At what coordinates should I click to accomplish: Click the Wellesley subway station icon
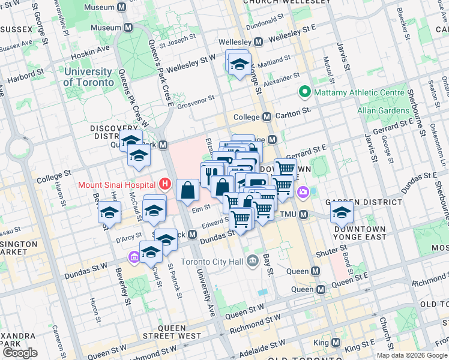(259, 43)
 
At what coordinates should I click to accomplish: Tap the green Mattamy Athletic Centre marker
(304, 92)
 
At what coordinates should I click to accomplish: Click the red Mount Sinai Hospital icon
(164, 184)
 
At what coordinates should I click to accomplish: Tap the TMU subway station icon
(303, 215)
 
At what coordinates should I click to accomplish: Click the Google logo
(20, 353)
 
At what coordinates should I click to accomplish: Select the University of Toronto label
(88, 77)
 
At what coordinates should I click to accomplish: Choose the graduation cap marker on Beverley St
(110, 212)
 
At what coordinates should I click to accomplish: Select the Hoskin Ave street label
(90, 51)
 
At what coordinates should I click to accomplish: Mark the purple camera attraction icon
(303, 192)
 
